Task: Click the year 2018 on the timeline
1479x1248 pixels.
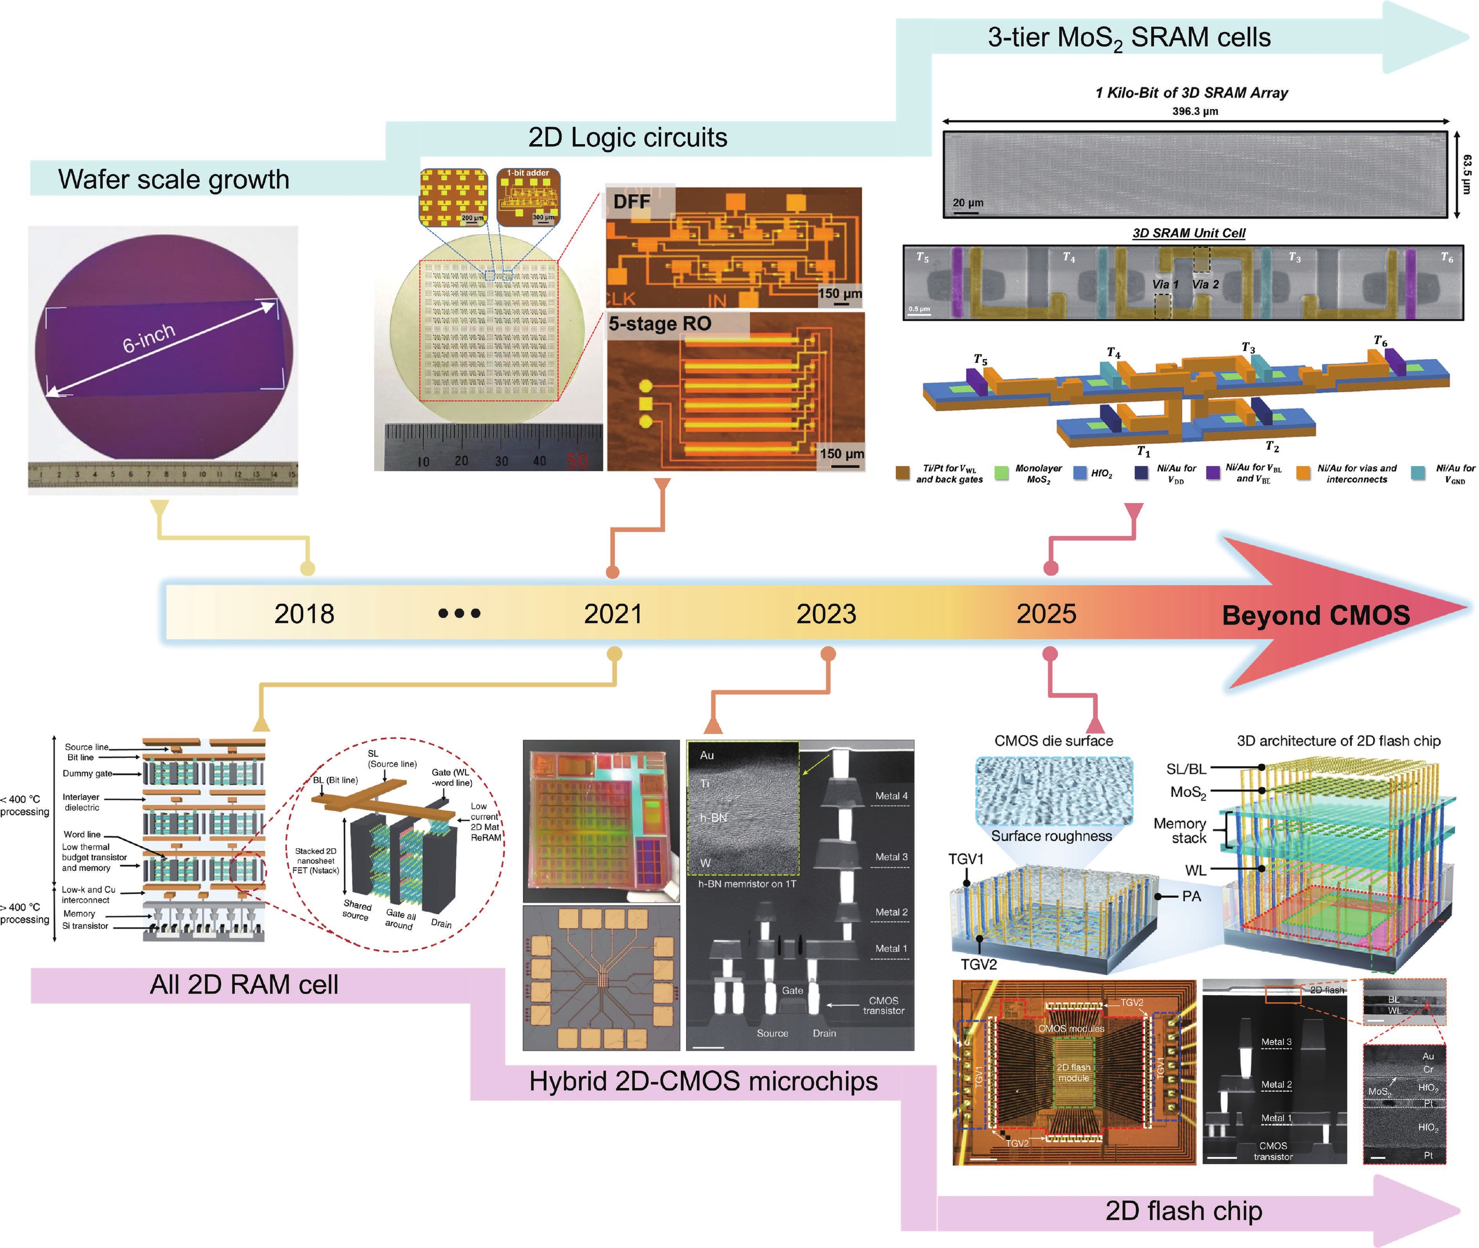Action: (x=304, y=613)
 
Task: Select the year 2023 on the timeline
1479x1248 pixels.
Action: (x=826, y=613)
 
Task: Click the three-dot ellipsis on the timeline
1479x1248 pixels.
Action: (x=459, y=613)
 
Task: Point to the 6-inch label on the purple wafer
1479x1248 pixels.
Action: (x=149, y=338)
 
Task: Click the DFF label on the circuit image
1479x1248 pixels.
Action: (x=631, y=202)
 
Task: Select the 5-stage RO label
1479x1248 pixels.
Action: (x=660, y=324)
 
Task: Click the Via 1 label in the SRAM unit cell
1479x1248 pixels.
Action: (x=1165, y=284)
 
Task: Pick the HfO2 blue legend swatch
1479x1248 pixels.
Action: (x=1080, y=473)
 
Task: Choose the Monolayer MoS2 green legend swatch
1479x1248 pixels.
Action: (x=1001, y=473)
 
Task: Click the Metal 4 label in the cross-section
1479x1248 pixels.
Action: (x=891, y=796)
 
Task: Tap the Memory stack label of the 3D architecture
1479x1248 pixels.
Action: (x=1179, y=831)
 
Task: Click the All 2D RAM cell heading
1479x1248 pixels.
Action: (x=244, y=985)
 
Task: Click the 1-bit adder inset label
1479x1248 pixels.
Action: (x=528, y=173)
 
